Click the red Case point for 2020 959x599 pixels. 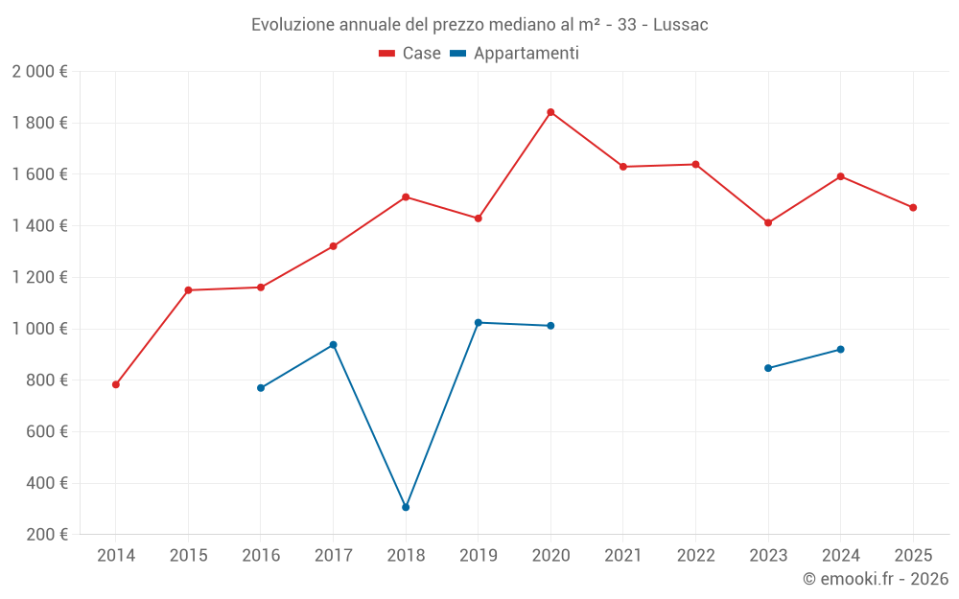pyautogui.click(x=550, y=112)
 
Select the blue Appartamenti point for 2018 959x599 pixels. pyautogui.click(x=406, y=507)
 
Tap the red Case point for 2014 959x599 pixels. pyautogui.click(x=116, y=384)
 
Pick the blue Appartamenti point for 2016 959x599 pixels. pyautogui.click(x=261, y=388)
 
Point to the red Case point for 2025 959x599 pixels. pyautogui.click(x=913, y=207)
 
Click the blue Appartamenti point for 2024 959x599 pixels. pyautogui.click(x=840, y=349)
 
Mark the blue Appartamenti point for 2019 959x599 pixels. pyautogui.click(x=479, y=322)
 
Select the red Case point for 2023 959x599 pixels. pyautogui.click(x=768, y=222)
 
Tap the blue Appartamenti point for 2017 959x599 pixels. pyautogui.click(x=333, y=344)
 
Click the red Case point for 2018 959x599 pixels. pyautogui.click(x=406, y=196)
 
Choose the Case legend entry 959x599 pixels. pyautogui.click(x=410, y=54)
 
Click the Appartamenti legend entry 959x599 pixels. pyautogui.click(x=515, y=54)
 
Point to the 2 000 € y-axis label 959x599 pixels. pyautogui.click(x=39, y=71)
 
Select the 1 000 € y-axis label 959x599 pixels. pyautogui.click(x=39, y=329)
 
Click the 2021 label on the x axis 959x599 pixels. pyautogui.click(x=623, y=555)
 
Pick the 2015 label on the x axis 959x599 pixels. pyautogui.click(x=188, y=555)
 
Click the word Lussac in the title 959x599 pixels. pyautogui.click(x=680, y=25)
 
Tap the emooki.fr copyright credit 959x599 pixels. pyautogui.click(x=876, y=579)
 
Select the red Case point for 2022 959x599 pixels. pyautogui.click(x=695, y=164)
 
